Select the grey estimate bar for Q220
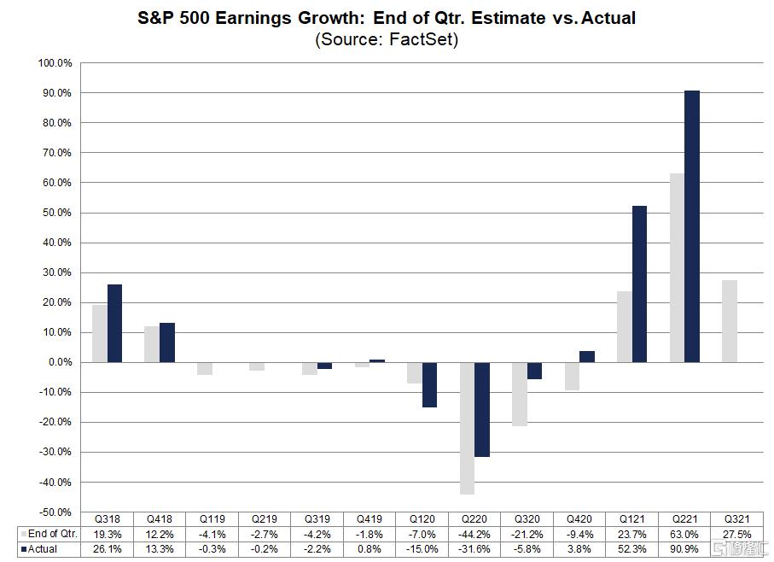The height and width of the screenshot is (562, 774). point(468,428)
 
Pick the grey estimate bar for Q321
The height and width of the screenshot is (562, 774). point(729,321)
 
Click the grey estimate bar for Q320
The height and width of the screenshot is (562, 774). point(520,394)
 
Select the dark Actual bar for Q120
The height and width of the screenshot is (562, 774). point(429,384)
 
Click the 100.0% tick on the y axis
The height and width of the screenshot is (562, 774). point(55,63)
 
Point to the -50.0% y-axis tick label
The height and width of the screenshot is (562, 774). point(55,512)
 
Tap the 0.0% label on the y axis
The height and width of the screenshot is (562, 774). point(59,362)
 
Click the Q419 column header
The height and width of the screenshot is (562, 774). point(370,519)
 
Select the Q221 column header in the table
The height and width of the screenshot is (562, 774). point(685,519)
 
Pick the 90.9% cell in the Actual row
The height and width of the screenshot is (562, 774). point(685,549)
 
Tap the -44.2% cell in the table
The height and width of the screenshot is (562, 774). point(474,534)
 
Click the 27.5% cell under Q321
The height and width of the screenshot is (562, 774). point(737,534)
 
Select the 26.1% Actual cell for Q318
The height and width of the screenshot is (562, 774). point(107,549)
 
